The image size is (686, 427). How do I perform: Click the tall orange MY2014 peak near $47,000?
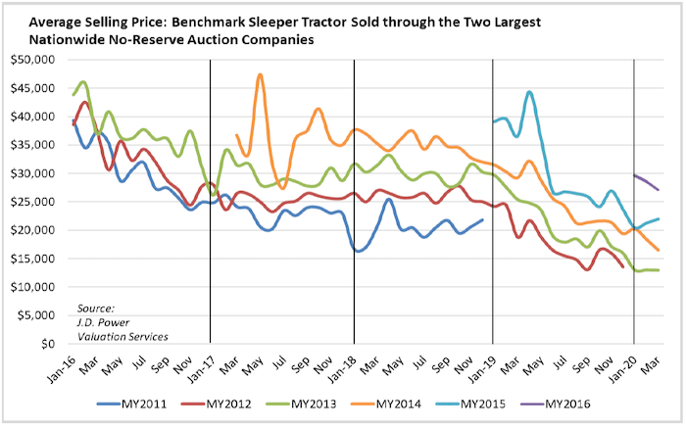pos(260,75)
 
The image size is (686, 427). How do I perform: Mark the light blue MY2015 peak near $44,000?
pos(529,93)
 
